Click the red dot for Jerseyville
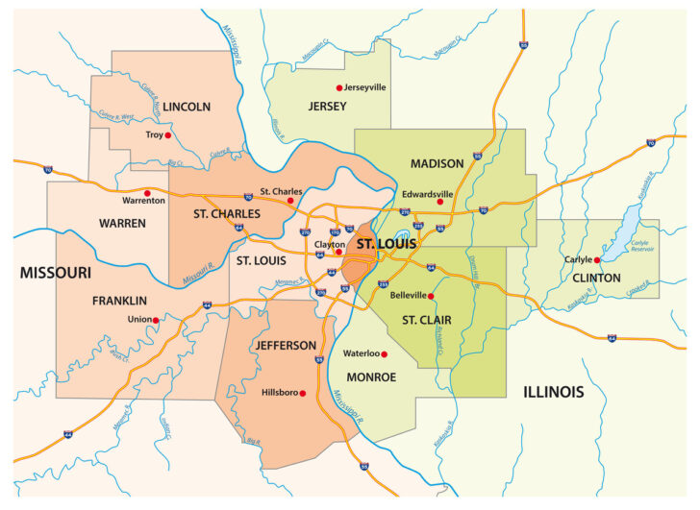pyautogui.click(x=338, y=87)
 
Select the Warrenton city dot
pyautogui.click(x=147, y=192)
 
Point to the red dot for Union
pyautogui.click(x=156, y=319)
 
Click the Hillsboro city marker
pyautogui.click(x=302, y=393)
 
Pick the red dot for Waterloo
pyautogui.click(x=384, y=354)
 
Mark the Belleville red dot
pyautogui.click(x=431, y=296)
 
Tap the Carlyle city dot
pyautogui.click(x=597, y=259)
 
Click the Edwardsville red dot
pyautogui.click(x=439, y=202)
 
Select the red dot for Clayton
pyautogui.click(x=338, y=253)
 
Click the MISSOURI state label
pyautogui.click(x=55, y=273)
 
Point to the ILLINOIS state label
pyautogui.click(x=554, y=392)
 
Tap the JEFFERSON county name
pyautogui.click(x=285, y=345)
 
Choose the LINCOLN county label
pyautogui.click(x=187, y=107)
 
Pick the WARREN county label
pyautogui.click(x=121, y=223)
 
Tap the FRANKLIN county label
pyautogui.click(x=119, y=301)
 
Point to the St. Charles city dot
pyautogui.click(x=290, y=202)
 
